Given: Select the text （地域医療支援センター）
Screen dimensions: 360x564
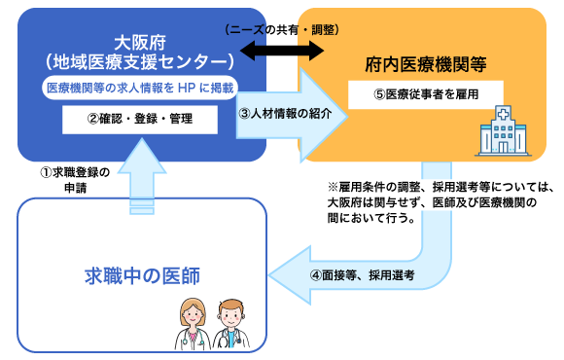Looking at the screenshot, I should coord(142,61).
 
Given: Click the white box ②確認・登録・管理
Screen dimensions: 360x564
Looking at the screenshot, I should coord(141,120).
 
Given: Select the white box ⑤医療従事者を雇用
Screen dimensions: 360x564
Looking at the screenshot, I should coord(426,93).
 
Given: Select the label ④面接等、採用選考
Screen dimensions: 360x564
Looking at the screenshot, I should coord(363,275).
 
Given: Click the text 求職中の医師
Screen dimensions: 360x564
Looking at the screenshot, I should coord(142,275).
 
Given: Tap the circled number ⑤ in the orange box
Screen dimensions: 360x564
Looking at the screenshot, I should coord(379,93).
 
